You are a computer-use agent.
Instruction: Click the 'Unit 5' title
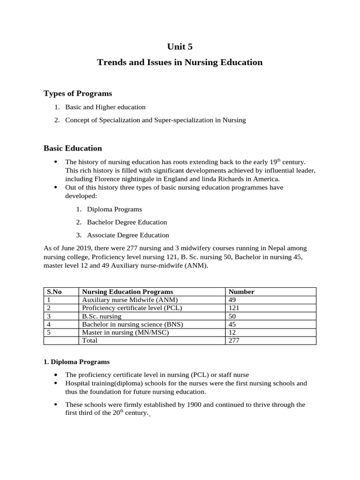[x=180, y=46]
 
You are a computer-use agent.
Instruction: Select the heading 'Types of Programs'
[x=78, y=93]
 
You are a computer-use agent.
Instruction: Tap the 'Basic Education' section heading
[x=73, y=148]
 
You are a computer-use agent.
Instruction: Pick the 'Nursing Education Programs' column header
[x=127, y=292]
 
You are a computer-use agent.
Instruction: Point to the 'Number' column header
[x=241, y=292]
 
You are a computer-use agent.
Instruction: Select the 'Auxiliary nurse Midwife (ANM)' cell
[x=130, y=300]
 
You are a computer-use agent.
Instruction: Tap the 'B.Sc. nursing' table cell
[x=101, y=316]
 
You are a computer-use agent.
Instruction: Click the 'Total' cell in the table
[x=90, y=340]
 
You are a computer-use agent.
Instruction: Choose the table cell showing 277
[x=234, y=340]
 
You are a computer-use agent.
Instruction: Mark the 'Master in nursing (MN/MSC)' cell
[x=125, y=332]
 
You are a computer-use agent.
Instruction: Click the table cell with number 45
[x=232, y=324]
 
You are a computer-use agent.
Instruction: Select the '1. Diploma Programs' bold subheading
[x=76, y=362]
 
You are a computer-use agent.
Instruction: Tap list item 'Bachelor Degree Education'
[x=127, y=222]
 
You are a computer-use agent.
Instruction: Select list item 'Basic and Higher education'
[x=105, y=107]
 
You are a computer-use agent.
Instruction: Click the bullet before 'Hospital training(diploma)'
[x=56, y=383]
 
